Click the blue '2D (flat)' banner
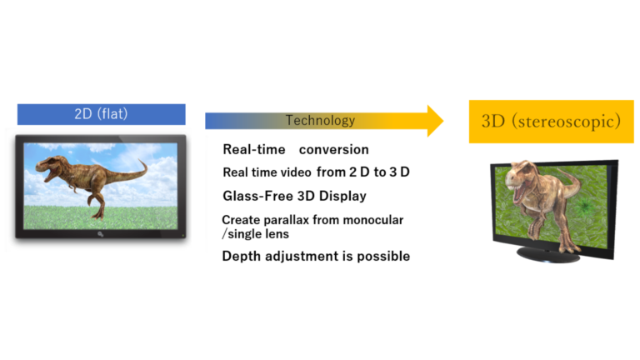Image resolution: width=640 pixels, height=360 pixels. [x=101, y=114]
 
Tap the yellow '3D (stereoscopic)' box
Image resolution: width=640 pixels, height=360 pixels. [x=551, y=122]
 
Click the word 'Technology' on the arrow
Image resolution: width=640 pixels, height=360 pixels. [x=320, y=120]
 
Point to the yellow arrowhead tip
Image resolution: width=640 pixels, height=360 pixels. [x=443, y=121]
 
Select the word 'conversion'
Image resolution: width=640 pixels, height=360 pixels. [x=334, y=150]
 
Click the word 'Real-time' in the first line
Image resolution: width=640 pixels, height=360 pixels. [x=254, y=150]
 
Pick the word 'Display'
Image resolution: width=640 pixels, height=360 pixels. [x=342, y=197]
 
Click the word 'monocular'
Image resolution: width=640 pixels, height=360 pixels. [x=373, y=220]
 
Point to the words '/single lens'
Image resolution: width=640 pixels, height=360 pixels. [x=256, y=234]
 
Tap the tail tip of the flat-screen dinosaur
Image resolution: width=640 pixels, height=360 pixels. [x=142, y=160]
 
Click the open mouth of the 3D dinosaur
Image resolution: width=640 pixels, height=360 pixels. [x=518, y=192]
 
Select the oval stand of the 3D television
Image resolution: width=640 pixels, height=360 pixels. [x=547, y=254]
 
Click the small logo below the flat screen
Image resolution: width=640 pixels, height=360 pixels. [x=100, y=234]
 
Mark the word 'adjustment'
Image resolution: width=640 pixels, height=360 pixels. [x=302, y=257]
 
